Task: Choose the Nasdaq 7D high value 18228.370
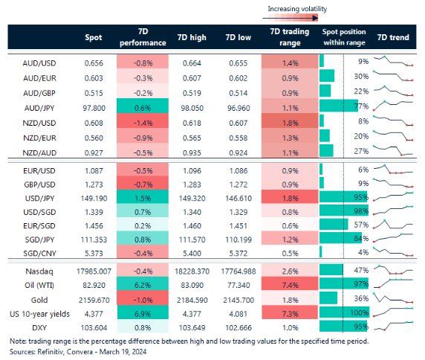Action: [x=189, y=271]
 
